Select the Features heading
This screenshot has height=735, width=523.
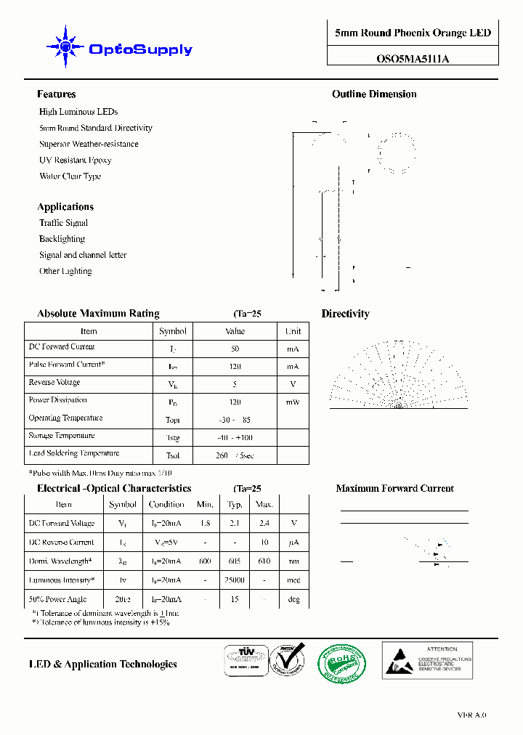point(56,94)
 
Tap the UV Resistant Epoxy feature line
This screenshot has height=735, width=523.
point(75,160)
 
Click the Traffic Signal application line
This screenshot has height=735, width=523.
point(63,223)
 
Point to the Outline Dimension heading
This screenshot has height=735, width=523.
point(374,94)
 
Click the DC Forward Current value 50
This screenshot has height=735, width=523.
point(235,349)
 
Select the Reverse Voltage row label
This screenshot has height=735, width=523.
point(54,382)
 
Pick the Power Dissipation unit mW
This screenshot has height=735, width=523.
point(293,402)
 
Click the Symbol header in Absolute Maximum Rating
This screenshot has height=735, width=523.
point(173,331)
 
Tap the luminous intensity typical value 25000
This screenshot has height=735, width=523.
point(235,580)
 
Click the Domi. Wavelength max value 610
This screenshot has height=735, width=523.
point(264,561)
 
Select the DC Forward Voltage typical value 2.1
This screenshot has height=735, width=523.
point(235,523)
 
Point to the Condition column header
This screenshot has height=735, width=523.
point(166,504)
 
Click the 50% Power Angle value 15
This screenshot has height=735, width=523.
point(235,599)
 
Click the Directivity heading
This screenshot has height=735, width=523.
point(345,314)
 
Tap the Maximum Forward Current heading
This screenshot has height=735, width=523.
point(394,489)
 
